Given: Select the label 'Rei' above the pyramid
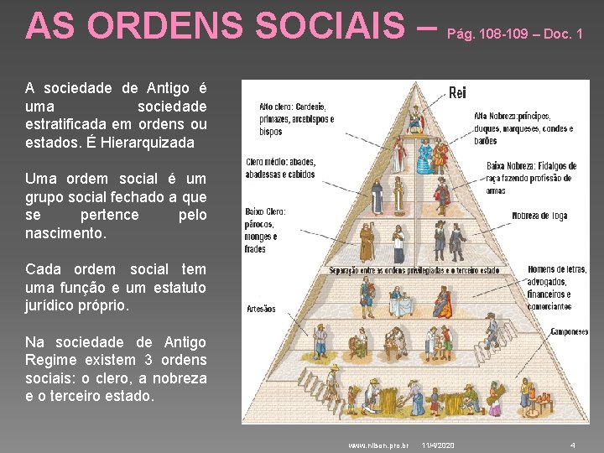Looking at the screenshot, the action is pos(458,92).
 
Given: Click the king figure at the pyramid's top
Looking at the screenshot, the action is pos(414,112).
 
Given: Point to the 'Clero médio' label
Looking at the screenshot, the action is pos(279,169).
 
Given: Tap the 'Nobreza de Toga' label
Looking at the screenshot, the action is pos(539,216).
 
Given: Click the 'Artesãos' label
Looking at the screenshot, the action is pos(261,309).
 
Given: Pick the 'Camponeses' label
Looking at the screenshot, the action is pos(569,331).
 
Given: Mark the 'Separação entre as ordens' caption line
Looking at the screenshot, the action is pos(414,270).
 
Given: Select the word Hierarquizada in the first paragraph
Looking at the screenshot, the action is pos(147,143).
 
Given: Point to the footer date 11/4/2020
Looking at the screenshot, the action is pos(438,444).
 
